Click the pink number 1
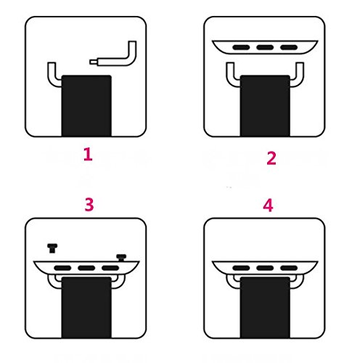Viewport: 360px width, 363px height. pyautogui.click(x=88, y=155)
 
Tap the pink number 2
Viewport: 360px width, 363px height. pyautogui.click(x=271, y=158)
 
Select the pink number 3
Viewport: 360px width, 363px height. pyautogui.click(x=89, y=205)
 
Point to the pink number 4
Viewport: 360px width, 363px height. pyautogui.click(x=268, y=205)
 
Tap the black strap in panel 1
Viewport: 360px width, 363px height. pyautogui.click(x=86, y=105)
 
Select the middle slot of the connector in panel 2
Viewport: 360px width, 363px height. pyautogui.click(x=265, y=47)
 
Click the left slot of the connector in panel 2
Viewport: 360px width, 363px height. pyautogui.click(x=241, y=47)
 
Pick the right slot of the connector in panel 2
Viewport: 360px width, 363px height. pyautogui.click(x=289, y=47)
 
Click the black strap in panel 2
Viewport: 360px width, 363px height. pyautogui.click(x=265, y=105)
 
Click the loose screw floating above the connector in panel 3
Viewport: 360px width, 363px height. pyautogui.click(x=52, y=248)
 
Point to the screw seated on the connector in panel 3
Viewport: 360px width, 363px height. pyautogui.click(x=121, y=258)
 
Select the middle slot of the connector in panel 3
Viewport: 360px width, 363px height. pyautogui.click(x=86, y=268)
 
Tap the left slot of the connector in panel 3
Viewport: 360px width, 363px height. pyautogui.click(x=62, y=268)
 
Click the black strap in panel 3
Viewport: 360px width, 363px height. pyautogui.click(x=86, y=307)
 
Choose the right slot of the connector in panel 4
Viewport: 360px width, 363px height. pyautogui.click(x=289, y=268)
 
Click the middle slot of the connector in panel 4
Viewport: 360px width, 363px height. pyautogui.click(x=265, y=268)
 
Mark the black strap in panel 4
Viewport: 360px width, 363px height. pyautogui.click(x=265, y=307)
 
